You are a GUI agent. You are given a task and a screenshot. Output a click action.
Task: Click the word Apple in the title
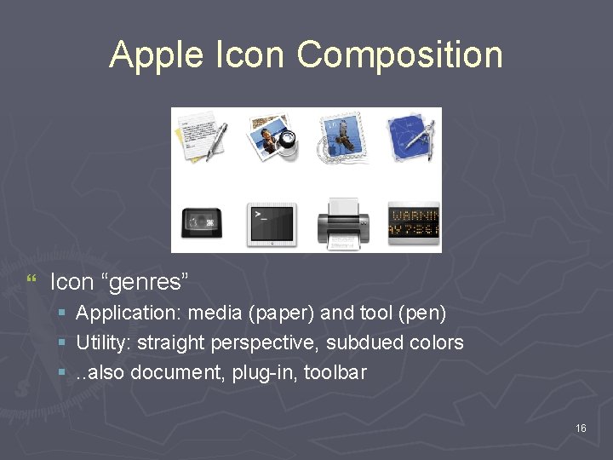[157, 55]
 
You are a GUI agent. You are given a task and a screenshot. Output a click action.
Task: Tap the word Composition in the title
[400, 55]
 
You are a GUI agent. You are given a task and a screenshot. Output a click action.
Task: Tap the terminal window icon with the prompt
[271, 223]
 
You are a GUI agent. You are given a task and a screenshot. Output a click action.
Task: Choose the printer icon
[342, 223]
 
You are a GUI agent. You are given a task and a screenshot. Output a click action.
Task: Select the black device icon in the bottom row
[203, 223]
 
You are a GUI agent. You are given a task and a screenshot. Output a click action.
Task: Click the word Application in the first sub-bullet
[128, 313]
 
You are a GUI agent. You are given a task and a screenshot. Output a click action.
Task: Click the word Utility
[100, 343]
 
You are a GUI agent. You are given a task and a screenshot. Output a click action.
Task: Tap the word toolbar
[338, 372]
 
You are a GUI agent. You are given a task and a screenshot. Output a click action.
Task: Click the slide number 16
[581, 428]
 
